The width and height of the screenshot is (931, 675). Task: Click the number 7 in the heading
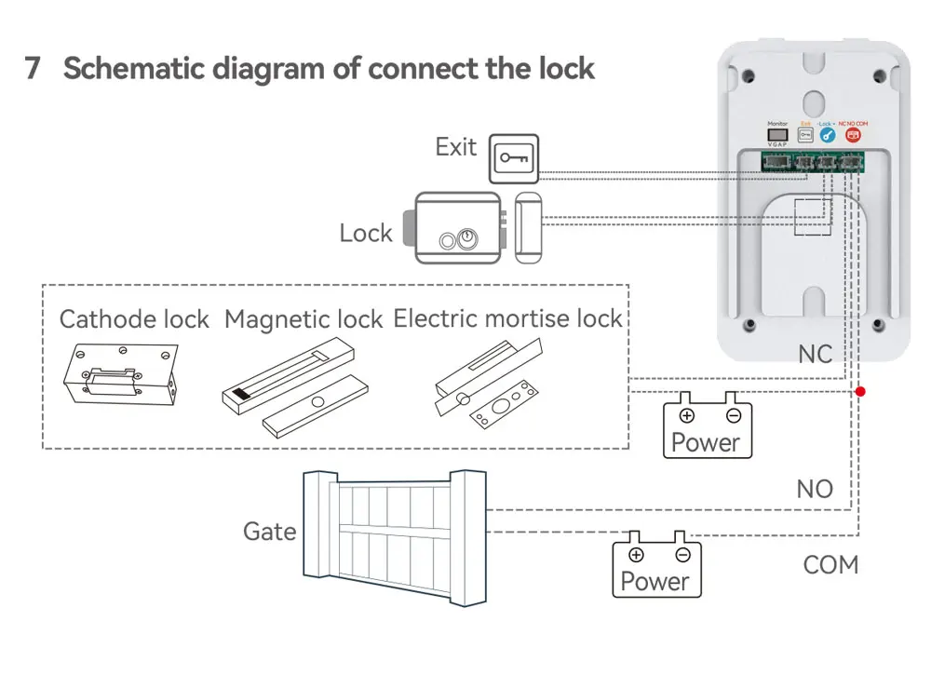[x=33, y=69]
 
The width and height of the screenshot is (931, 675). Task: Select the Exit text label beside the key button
[x=455, y=147]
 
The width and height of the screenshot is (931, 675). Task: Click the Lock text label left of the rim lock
[x=366, y=233]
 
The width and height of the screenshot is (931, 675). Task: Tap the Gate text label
[x=269, y=531]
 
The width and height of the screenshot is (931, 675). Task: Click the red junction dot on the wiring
[x=860, y=392]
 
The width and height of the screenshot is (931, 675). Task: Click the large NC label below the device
[x=815, y=355]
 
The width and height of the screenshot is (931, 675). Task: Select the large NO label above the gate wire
[x=815, y=489]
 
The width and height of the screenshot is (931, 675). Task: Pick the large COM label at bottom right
[x=830, y=565]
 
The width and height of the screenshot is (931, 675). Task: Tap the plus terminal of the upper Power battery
[x=686, y=415]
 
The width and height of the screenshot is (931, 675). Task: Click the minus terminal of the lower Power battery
[x=682, y=555]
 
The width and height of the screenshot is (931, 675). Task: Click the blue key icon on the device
[x=826, y=135]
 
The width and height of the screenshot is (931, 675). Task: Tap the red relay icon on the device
[x=851, y=135]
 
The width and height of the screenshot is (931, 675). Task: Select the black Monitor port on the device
[x=776, y=135]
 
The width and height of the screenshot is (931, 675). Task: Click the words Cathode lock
[x=134, y=319]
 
